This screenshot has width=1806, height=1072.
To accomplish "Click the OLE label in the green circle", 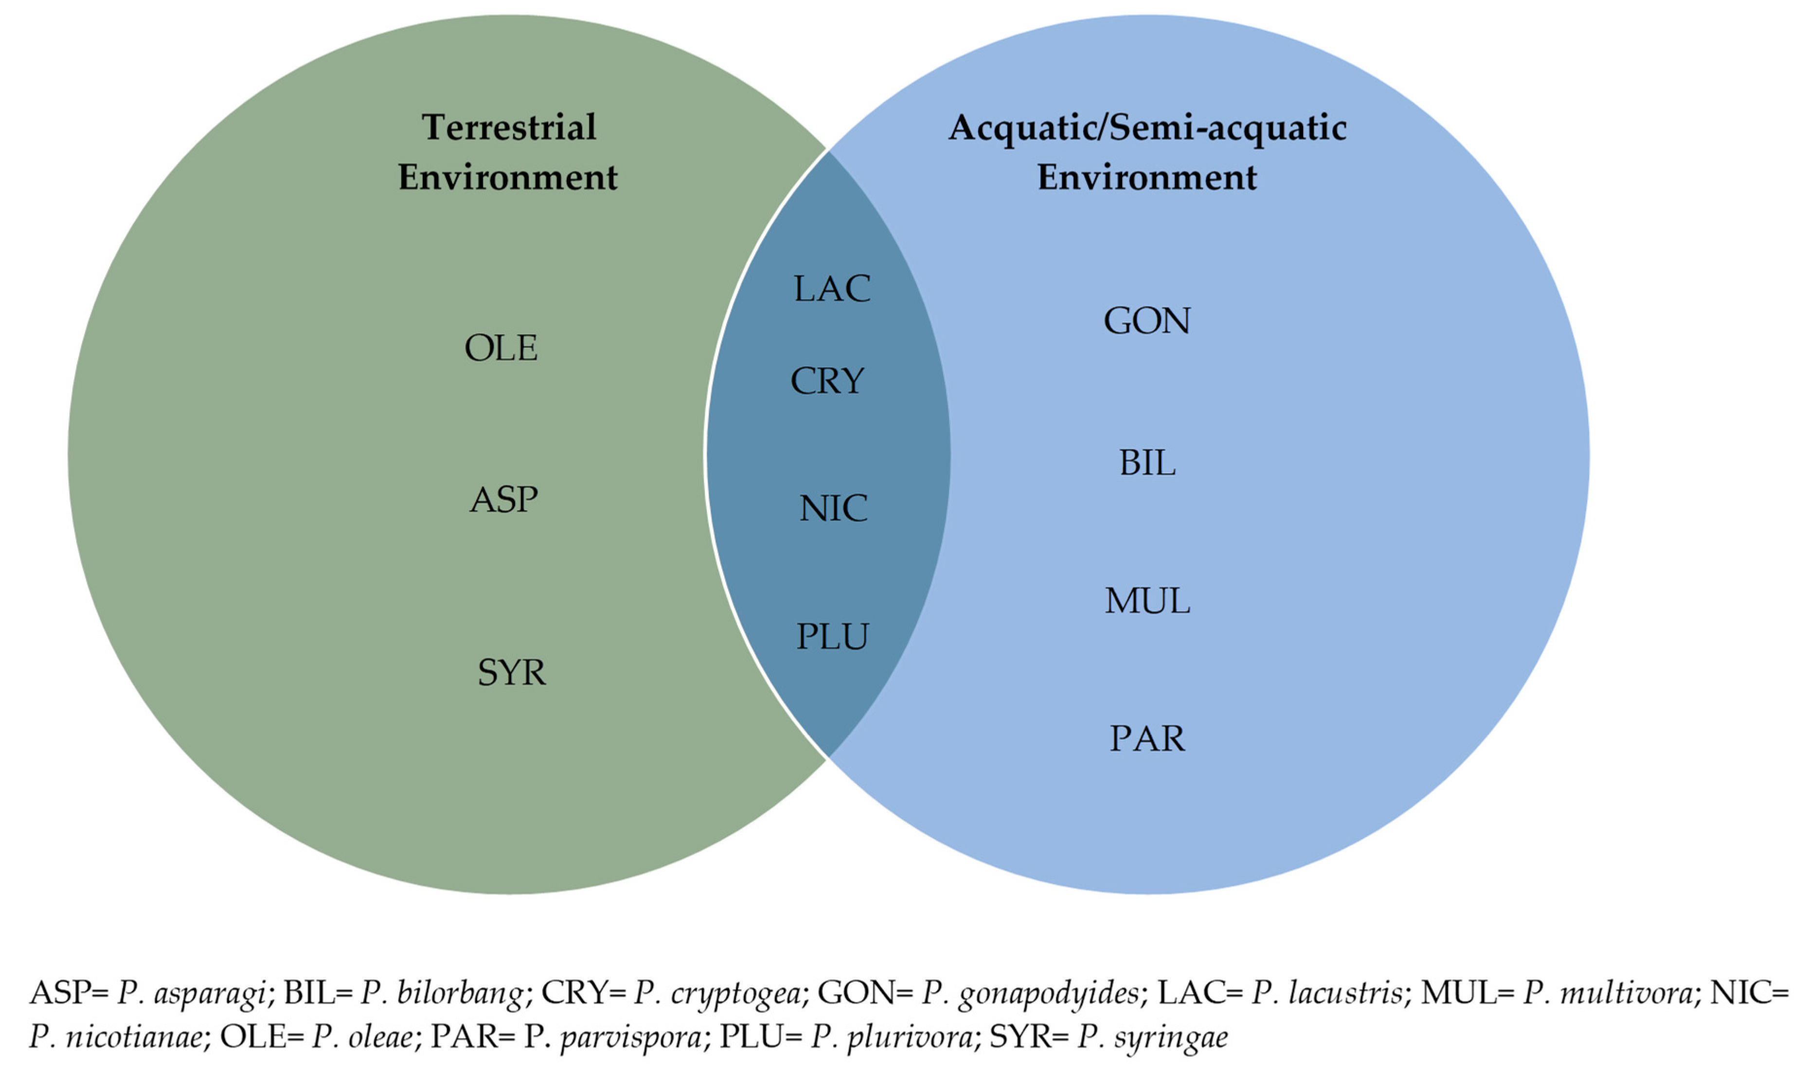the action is [501, 348].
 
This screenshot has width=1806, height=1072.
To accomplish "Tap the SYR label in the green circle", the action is [512, 673].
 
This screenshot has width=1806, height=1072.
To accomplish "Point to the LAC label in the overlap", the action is [832, 289].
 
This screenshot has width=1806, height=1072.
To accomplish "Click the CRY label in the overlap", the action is [827, 381].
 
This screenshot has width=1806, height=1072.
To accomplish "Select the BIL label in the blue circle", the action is [1147, 463].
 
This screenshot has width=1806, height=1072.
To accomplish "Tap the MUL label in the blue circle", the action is [1147, 601].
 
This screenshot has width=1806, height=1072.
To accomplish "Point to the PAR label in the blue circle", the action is [1147, 739].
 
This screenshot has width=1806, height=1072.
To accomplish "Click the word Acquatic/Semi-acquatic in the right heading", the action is [1147, 128].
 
